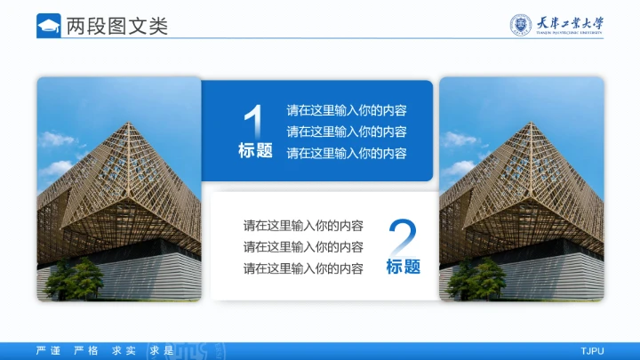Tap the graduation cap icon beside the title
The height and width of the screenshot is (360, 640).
(49, 26)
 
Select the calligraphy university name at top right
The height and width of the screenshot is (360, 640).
(570, 24)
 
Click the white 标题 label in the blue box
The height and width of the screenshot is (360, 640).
(255, 151)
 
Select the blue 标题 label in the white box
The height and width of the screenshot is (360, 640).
(403, 267)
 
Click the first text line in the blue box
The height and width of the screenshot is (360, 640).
(347, 111)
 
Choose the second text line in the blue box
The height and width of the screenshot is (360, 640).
(347, 132)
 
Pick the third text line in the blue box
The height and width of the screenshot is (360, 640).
(347, 153)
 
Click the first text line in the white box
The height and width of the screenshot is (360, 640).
(303, 226)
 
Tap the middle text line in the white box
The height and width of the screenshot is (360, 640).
(303, 246)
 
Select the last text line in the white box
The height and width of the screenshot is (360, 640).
(303, 268)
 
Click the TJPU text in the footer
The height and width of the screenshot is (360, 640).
(592, 351)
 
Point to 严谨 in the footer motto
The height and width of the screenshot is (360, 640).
(48, 351)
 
